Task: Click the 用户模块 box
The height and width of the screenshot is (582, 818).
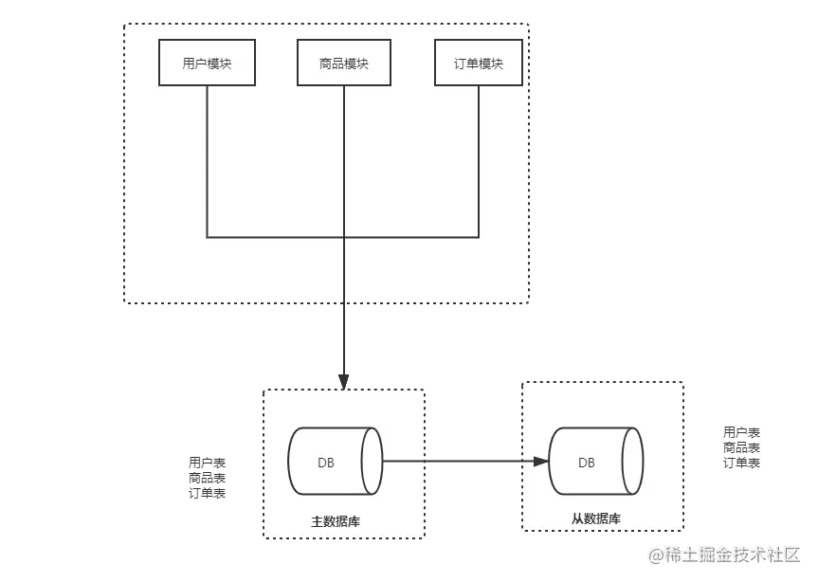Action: (x=207, y=64)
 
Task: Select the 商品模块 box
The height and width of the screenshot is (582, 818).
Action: (x=344, y=64)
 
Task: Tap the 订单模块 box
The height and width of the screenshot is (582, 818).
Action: (x=479, y=64)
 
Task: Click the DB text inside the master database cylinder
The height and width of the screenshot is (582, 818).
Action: (x=325, y=462)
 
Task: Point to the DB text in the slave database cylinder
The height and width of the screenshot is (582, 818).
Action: (x=587, y=463)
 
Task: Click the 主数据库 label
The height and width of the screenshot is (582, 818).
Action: (x=336, y=521)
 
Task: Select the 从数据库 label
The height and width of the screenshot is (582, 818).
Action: (x=596, y=518)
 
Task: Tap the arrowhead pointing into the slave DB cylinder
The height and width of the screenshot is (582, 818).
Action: (x=540, y=462)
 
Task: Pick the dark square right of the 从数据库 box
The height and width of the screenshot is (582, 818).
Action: (x=742, y=447)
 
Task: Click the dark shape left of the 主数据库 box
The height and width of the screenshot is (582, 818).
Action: (x=206, y=477)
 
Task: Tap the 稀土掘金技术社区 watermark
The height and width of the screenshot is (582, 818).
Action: (x=725, y=554)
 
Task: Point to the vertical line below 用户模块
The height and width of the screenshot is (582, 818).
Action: (x=207, y=161)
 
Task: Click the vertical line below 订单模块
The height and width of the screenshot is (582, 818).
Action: (x=479, y=161)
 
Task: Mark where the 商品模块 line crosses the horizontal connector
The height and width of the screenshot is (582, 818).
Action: (x=344, y=237)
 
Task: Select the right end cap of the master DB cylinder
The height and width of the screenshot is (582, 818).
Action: (x=372, y=461)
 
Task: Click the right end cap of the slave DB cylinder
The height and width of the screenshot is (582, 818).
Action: (x=633, y=462)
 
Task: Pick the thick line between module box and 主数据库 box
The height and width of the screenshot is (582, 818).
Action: (x=344, y=341)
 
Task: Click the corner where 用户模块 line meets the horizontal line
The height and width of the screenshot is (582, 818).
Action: (x=207, y=237)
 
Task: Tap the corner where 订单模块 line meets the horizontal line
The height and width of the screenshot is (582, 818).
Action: (x=479, y=237)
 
